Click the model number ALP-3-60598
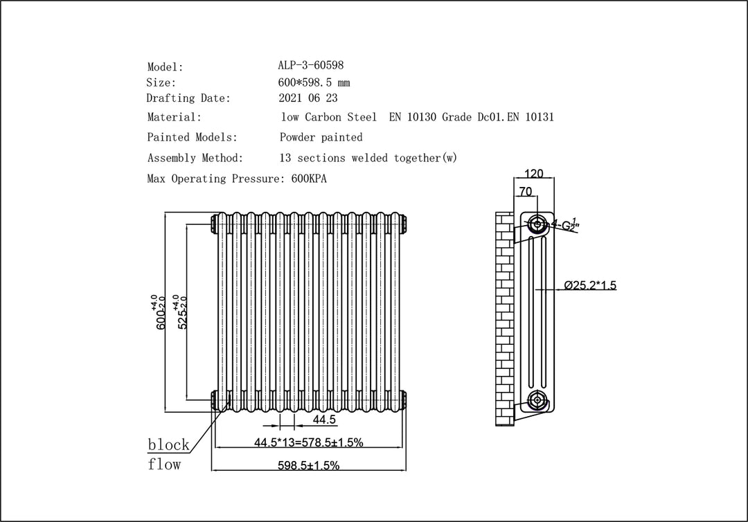pos(310,65)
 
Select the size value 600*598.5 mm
pos(314,82)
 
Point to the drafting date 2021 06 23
pos(308,98)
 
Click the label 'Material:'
pos(174,117)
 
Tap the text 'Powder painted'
pos(321,137)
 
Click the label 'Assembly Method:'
pos(195,158)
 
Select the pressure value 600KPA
pos(309,179)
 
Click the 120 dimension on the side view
pos(533,173)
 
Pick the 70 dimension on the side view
pos(525,191)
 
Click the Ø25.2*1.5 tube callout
pos(590,285)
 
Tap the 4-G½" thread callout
pos(564,224)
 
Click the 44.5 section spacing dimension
pos(324,420)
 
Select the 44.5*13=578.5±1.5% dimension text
pos(309,442)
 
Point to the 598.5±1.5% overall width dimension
pos(309,465)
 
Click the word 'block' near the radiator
pos(168,444)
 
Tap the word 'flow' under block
pos(164,464)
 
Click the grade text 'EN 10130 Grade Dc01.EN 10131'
pos(472,117)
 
